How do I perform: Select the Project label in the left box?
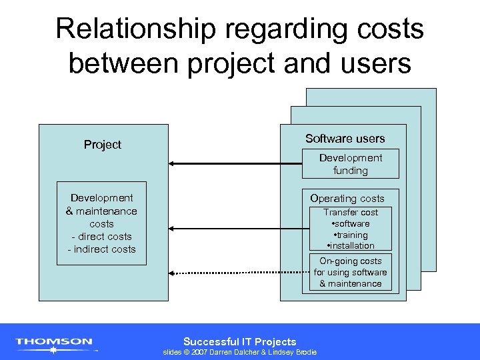pos(103,145)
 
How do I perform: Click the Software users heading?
pos(345,139)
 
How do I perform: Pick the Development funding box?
pos(350,164)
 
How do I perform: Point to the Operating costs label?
pos(347,199)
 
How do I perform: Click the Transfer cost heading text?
pos(350,213)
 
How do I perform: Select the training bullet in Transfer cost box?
pos(351,235)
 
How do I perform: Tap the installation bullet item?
pos(351,246)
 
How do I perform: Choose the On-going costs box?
pos(350,273)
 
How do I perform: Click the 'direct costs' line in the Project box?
pos(101,237)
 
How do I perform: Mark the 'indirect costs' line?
pos(101,249)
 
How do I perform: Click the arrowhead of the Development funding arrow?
pos(171,163)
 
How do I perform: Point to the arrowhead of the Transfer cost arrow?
pos(171,229)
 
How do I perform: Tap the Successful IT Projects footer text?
pos(240,341)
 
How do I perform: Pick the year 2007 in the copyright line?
pos(199,352)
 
